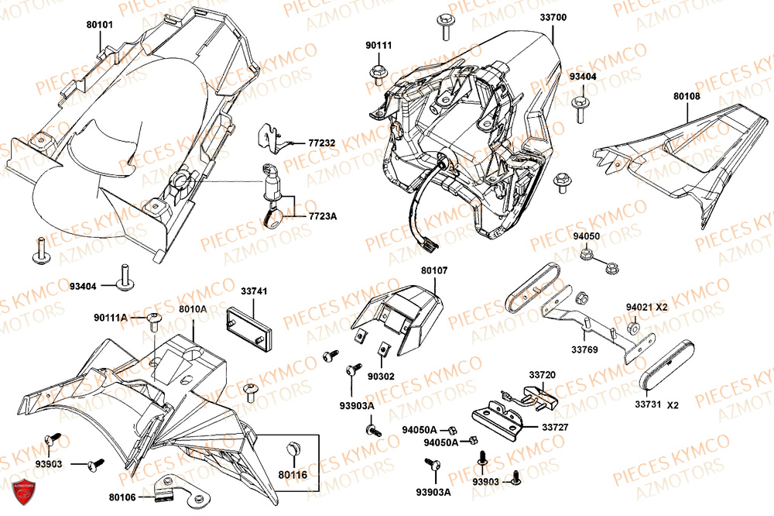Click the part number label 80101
[x=100, y=25]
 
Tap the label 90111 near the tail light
[x=378, y=46]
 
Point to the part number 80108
[x=686, y=97]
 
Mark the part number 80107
[x=434, y=271]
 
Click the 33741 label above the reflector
[x=254, y=291]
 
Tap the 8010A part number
[x=193, y=308]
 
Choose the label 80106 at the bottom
[x=124, y=497]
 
